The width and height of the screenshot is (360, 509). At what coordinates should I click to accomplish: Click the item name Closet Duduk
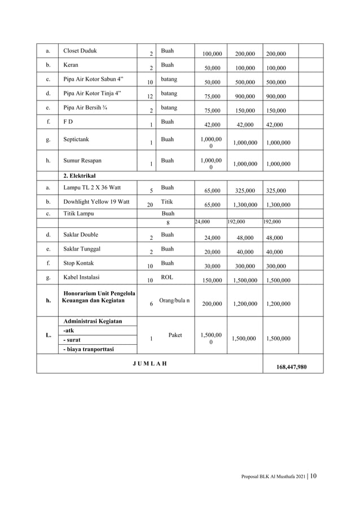80,51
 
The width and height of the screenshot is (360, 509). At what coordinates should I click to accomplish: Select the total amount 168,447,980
284,366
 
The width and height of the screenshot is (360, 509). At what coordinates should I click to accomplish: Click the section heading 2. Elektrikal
79,176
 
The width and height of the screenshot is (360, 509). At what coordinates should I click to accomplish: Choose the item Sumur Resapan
82,160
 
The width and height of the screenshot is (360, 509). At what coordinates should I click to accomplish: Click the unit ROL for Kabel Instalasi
167,278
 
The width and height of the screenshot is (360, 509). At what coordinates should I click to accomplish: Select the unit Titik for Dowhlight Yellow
167,201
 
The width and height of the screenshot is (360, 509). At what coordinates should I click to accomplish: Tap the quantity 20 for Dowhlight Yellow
150,205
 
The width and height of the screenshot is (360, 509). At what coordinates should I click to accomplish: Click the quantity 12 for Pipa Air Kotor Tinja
150,96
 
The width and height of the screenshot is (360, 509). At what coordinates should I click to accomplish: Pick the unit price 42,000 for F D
212,126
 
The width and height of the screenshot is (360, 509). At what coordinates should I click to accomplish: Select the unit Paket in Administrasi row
175,335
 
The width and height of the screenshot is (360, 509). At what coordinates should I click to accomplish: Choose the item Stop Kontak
78,263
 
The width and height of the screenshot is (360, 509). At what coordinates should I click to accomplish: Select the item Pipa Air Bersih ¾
84,107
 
